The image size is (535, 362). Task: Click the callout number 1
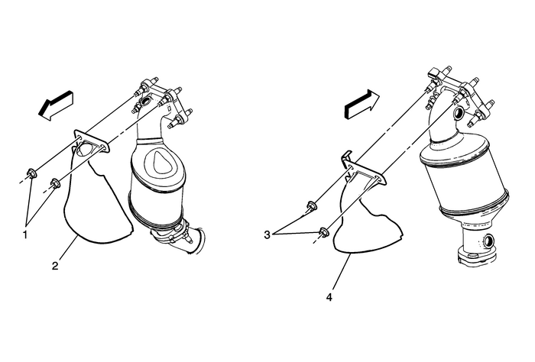[25, 234]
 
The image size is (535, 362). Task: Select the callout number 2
[55, 266]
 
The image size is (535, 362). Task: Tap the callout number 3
[267, 234]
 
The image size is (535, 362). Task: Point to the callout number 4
[329, 298]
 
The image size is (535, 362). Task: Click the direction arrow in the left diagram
[56, 105]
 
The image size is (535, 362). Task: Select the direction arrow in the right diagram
[362, 104]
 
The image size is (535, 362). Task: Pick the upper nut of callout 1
[31, 173]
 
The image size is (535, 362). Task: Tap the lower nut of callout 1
[55, 183]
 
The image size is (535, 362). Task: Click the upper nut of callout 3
[312, 206]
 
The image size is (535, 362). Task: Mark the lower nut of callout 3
[324, 232]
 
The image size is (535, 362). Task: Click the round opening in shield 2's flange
[85, 149]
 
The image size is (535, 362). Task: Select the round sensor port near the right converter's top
[459, 112]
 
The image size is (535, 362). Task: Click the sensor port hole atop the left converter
[146, 102]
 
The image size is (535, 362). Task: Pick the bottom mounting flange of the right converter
[476, 257]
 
